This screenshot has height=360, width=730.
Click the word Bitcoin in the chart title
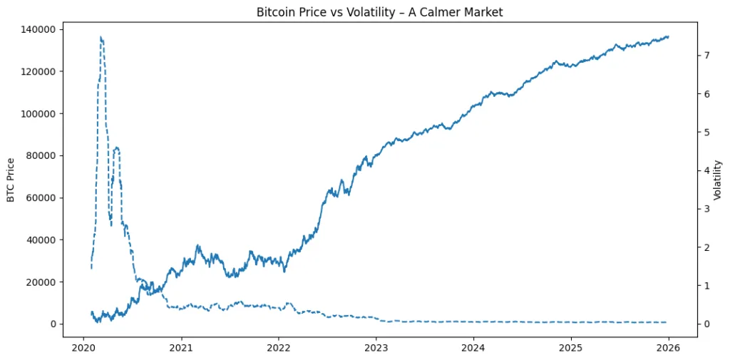click(274, 13)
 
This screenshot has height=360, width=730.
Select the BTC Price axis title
click(11, 179)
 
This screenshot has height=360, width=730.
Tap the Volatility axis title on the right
click(718, 179)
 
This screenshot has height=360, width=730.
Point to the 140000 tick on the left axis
click(41, 29)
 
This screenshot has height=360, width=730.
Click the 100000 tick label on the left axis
click(41, 71)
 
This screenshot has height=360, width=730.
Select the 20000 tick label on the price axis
click(43, 282)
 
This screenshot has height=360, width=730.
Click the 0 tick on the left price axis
click(53, 324)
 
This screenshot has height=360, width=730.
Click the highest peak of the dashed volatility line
click(101, 37)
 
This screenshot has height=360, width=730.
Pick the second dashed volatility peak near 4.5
click(116, 148)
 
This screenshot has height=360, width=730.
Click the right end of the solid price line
click(668, 36)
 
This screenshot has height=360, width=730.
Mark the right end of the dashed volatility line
click(667, 322)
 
